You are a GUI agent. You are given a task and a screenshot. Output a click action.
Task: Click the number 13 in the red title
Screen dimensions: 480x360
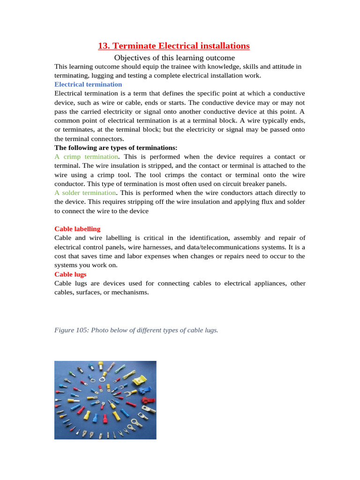pos(102,46)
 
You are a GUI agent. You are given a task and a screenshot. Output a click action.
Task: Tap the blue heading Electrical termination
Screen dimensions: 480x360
pos(88,84)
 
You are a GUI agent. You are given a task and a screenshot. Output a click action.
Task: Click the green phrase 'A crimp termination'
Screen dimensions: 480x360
pos(86,157)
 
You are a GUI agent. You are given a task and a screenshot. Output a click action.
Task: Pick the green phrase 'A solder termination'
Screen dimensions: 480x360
pos(85,193)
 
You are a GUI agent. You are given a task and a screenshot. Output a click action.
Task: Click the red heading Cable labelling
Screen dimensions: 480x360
pos(77,229)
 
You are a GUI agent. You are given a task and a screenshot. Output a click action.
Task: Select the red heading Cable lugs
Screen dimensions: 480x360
pos(70,274)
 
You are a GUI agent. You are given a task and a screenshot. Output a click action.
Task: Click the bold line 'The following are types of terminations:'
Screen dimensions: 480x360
pos(116,148)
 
